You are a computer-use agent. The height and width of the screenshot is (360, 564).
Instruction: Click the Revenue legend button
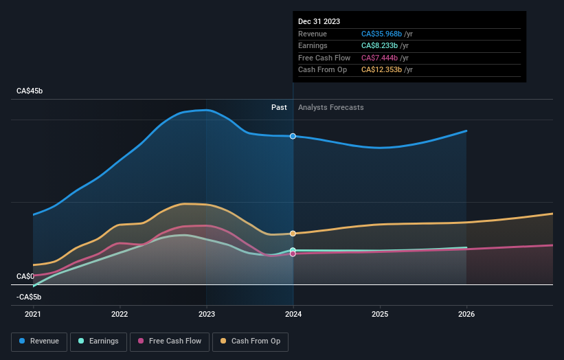[39, 341]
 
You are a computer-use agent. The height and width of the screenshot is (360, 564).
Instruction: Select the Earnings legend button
[98, 341]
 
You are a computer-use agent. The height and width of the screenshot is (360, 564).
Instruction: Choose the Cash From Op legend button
[250, 341]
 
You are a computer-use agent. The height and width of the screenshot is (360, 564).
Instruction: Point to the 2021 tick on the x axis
[33, 314]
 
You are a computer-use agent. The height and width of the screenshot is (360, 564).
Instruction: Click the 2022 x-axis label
[120, 314]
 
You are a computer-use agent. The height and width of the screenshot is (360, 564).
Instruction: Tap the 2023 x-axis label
[207, 314]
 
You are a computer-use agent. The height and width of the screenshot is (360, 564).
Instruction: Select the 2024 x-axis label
[293, 314]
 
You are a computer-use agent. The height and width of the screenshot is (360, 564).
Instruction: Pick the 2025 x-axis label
[380, 314]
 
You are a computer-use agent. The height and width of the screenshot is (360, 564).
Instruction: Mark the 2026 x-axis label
[466, 314]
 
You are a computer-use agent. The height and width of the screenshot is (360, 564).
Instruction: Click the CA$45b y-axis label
[30, 91]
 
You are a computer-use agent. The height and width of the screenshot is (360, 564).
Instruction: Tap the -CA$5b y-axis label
[29, 297]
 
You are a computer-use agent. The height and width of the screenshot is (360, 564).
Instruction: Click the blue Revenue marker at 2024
[293, 136]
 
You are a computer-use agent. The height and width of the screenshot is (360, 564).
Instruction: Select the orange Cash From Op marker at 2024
[293, 234]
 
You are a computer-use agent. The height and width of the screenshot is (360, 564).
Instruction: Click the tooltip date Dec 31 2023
[319, 22]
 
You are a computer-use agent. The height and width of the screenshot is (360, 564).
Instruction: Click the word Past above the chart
[279, 107]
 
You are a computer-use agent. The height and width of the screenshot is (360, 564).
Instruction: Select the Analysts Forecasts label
[331, 107]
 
